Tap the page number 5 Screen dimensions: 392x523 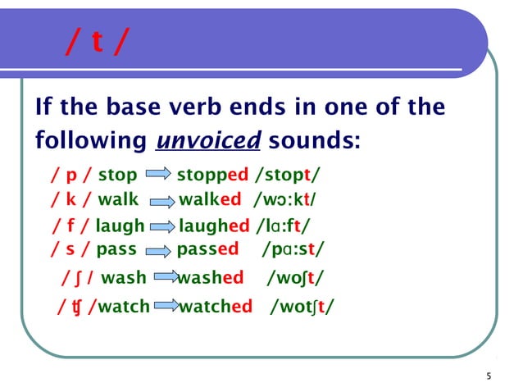(x=489, y=376)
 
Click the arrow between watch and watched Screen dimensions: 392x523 (x=165, y=307)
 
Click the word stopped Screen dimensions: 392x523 (x=212, y=175)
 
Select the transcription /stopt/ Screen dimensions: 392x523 (x=288, y=175)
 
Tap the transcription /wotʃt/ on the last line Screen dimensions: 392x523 (x=302, y=307)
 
